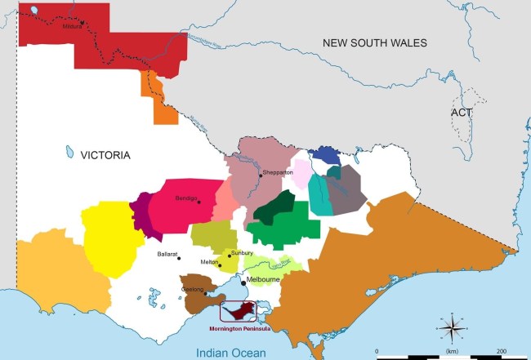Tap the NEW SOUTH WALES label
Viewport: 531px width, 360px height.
click(375, 43)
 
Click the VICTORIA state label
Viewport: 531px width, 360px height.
click(105, 154)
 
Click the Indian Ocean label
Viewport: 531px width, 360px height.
click(233, 351)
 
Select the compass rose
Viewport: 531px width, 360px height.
click(450, 328)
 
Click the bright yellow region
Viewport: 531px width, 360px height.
click(109, 237)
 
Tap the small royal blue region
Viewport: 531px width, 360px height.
click(326, 154)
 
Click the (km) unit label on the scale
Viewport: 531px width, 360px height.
click(451, 350)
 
